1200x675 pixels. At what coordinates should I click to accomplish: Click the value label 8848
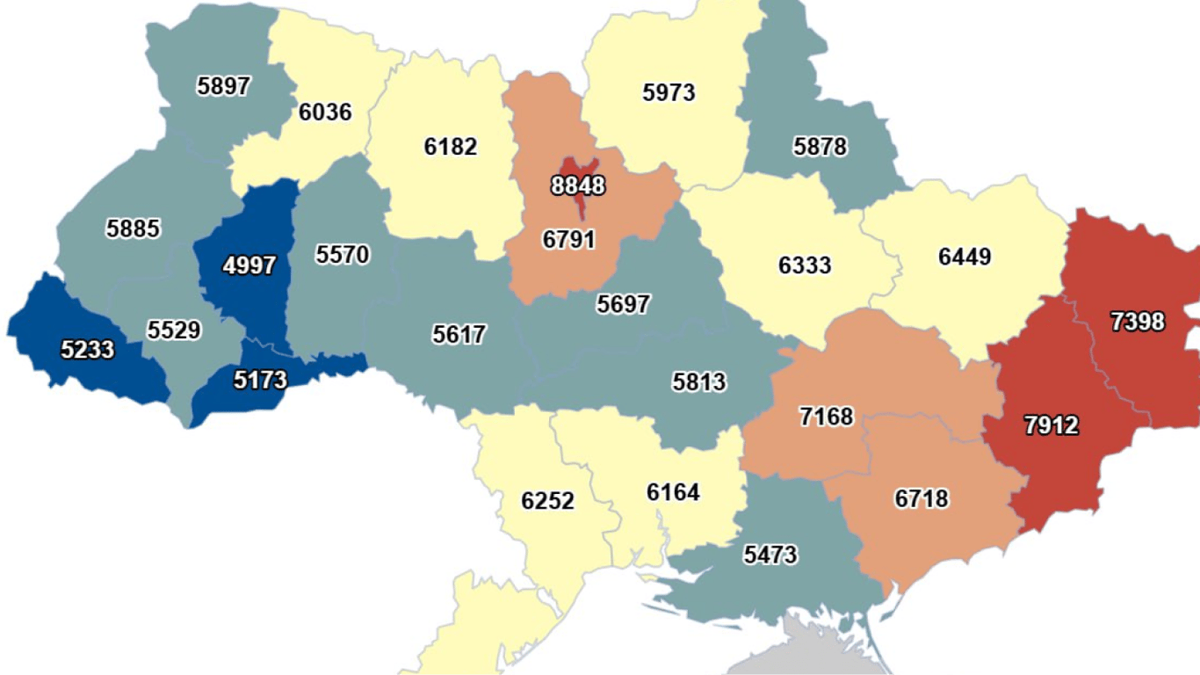pos(578,186)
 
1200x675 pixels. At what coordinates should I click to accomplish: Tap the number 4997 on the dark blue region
pos(249,265)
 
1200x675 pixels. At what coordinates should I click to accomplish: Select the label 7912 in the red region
pos(1051,426)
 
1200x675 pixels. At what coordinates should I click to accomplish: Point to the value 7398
pos(1138,323)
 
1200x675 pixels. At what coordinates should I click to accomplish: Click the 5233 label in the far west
pos(88,350)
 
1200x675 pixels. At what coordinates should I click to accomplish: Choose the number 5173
pos(261,380)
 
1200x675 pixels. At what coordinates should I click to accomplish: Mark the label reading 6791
pos(569,239)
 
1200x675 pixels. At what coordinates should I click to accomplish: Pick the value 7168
pos(827,416)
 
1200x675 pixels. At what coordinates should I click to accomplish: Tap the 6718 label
pos(922,499)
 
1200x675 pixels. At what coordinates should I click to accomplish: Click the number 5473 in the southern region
pos(770,555)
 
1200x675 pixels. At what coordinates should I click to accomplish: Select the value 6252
pos(547,501)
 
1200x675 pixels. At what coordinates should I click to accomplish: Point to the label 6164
pos(673,492)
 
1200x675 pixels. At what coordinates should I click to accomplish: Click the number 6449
pos(965,257)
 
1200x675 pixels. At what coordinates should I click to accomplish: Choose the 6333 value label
pos(805,265)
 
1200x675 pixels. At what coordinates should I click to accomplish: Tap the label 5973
pos(669,92)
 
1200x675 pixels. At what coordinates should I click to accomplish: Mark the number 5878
pos(820,146)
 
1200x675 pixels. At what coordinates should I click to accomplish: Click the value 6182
pos(451,147)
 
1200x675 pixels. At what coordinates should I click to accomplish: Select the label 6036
pos(325,112)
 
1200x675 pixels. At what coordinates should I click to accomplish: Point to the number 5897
pos(224,86)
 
